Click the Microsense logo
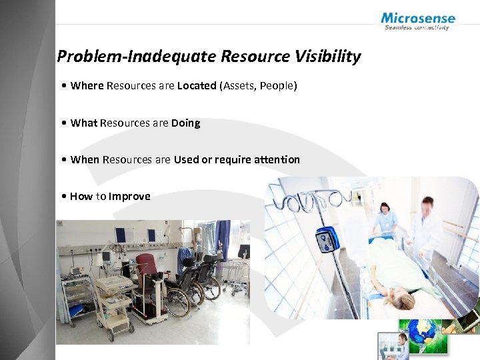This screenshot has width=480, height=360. click(418, 21)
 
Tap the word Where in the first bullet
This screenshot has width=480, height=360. click(87, 85)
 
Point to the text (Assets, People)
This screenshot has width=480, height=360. click(258, 85)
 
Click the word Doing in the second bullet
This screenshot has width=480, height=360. click(185, 123)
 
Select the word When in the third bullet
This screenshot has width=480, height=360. click(85, 159)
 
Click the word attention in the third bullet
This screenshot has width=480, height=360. click(277, 159)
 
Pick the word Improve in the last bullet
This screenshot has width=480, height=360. click(129, 196)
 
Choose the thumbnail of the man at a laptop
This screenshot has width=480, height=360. click(393, 346)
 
